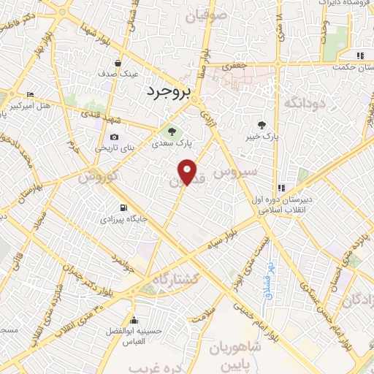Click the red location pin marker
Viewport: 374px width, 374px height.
click(188, 172)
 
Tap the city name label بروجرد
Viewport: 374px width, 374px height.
click(167, 92)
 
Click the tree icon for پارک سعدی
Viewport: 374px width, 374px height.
click(172, 132)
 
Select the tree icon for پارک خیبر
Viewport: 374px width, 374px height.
click(261, 125)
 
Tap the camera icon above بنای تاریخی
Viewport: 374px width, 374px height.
click(114, 137)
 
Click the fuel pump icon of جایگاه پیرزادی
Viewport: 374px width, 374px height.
click(121, 207)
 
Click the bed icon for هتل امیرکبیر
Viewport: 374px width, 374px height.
click(30, 95)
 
